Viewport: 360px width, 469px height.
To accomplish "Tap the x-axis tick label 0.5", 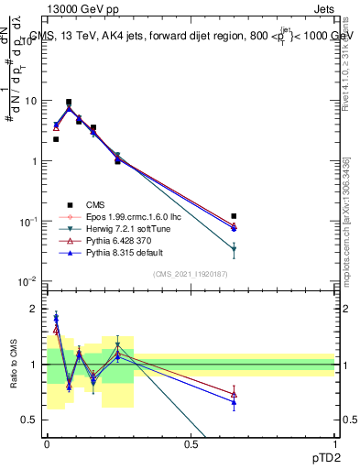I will [x=191, y=443].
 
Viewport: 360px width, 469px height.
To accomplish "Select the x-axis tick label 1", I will [x=335, y=443].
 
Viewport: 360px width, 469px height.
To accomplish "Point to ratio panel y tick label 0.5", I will [x=30, y=420].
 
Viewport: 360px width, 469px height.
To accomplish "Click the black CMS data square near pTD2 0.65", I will [x=235, y=216].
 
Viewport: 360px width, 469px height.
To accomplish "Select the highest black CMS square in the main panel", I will [x=69, y=103].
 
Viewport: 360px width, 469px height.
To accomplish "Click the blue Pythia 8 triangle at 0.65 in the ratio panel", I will [x=235, y=402].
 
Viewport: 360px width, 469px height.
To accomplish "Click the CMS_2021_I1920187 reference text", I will [x=191, y=274].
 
